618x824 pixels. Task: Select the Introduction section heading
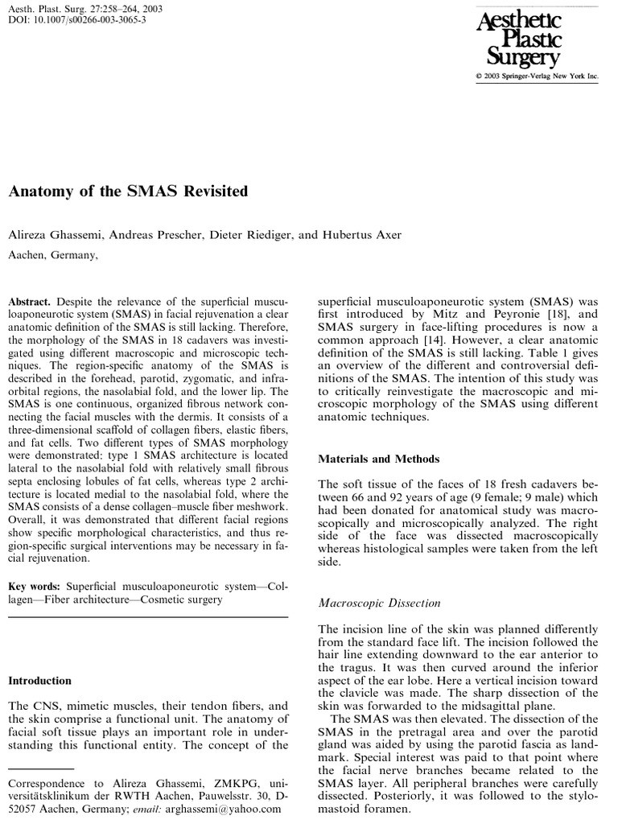tap(40, 680)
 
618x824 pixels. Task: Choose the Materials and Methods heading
tap(379, 459)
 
